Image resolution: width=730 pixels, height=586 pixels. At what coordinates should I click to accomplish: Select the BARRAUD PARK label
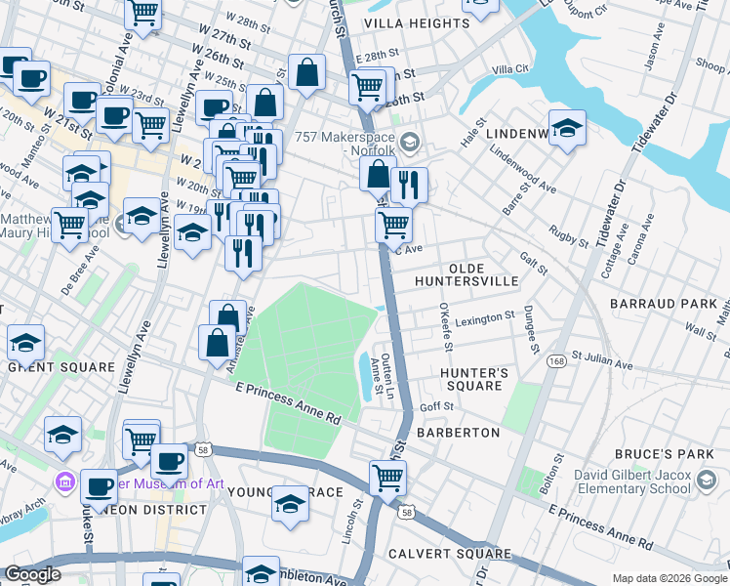coord(663,305)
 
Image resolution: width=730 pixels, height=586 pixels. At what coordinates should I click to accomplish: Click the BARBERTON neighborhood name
coord(458,432)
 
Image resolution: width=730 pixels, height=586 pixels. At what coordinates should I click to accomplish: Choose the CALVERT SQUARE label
coord(465,554)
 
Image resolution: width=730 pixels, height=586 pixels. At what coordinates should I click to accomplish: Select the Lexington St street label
coord(486,317)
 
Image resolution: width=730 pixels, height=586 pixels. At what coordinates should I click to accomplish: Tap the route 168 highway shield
coord(556,360)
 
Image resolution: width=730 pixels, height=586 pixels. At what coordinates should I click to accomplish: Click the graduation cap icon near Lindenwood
coord(565,128)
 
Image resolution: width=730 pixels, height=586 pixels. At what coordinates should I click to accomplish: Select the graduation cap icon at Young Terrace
coord(289,503)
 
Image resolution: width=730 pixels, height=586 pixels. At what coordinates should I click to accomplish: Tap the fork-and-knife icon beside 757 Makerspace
coord(409,184)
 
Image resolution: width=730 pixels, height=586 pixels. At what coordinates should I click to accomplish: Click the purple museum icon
coord(66,481)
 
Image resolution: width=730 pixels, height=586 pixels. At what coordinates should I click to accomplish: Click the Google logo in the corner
coord(32,574)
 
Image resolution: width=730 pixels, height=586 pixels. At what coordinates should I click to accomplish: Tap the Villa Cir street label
coord(510,69)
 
